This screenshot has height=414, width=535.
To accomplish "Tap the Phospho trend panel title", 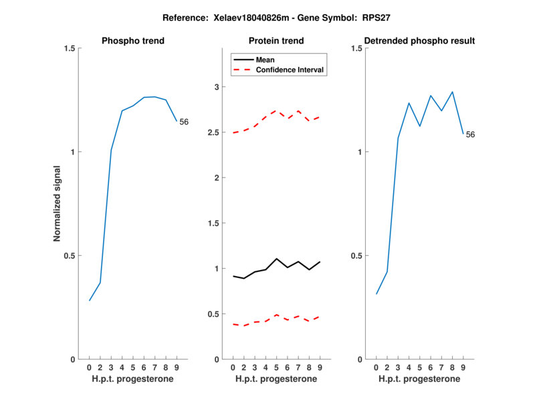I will [x=133, y=41].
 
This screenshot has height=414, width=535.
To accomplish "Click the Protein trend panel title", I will [x=277, y=41].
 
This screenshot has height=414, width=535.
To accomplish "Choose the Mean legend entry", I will [x=265, y=60].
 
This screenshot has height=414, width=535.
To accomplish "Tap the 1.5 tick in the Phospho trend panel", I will [x=67, y=48].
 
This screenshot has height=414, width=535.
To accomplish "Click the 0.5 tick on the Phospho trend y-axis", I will [x=67, y=255].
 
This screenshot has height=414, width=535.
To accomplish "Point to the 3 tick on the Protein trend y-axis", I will [x=217, y=86].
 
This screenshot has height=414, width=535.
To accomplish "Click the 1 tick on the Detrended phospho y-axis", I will [x=360, y=152].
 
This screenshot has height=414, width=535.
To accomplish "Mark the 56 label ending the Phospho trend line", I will [x=184, y=122].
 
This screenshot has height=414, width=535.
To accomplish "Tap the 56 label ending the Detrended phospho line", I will [x=470, y=135].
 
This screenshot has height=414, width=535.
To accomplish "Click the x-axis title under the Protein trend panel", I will [x=276, y=379].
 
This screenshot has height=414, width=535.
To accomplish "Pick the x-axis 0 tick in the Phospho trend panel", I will [x=90, y=368].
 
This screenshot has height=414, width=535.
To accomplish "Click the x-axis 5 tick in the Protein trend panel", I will [x=276, y=368].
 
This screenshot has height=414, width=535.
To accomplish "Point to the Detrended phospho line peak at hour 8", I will [x=453, y=92].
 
